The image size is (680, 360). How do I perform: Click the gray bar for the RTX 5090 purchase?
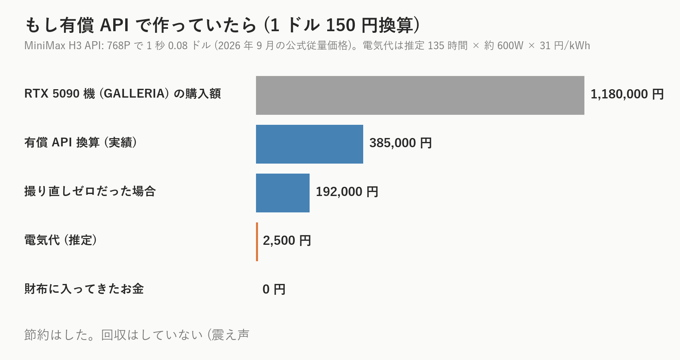click(x=420, y=95)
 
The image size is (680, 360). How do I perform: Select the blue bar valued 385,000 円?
click(x=309, y=144)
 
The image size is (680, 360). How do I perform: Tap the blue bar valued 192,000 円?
click(x=283, y=193)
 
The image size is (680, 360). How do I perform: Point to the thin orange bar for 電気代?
click(x=257, y=242)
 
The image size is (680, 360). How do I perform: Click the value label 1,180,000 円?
click(x=627, y=94)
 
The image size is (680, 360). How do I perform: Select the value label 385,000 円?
click(x=400, y=143)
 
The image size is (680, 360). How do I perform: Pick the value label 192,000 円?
click(x=347, y=192)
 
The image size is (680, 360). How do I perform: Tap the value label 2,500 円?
click(x=287, y=241)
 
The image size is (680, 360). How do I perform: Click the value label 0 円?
click(x=274, y=289)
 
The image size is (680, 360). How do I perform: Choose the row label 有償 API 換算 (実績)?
click(x=81, y=142)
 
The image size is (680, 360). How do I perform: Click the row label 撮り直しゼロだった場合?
click(x=90, y=191)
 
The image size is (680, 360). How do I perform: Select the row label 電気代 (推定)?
click(x=61, y=240)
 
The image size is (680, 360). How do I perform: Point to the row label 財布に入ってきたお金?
click(x=84, y=289)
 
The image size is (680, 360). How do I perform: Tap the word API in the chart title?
click(x=114, y=25)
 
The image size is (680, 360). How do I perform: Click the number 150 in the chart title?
click(x=340, y=25)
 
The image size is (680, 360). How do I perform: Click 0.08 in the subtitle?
click(x=178, y=46)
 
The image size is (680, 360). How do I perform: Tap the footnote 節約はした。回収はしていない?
click(x=114, y=335)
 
